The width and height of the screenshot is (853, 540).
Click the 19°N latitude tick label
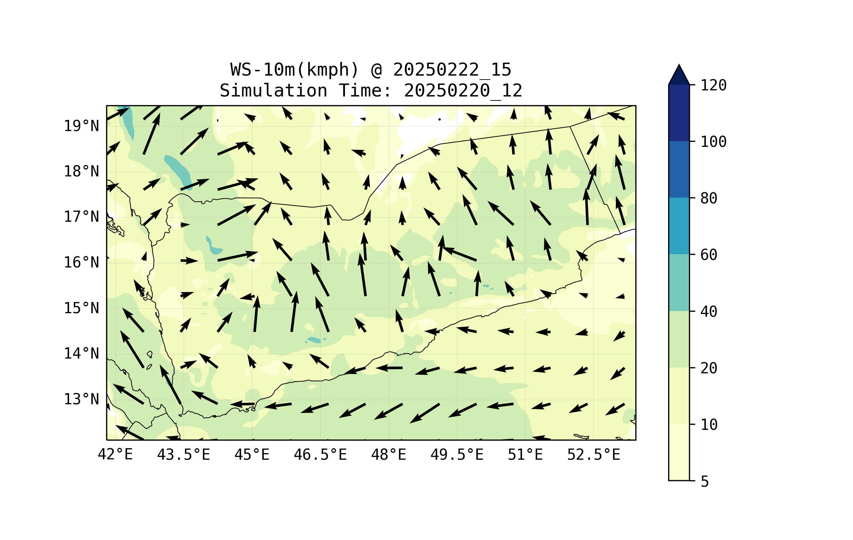pos(81,126)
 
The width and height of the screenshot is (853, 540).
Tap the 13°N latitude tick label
pos(81,400)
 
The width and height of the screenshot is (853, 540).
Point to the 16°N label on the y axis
pos(81,263)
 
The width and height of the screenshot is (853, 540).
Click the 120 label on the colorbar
pos(713,86)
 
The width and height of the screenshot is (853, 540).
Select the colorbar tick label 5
pos(705,482)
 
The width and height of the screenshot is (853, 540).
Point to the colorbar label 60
pos(709,255)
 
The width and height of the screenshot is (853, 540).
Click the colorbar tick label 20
pos(709,368)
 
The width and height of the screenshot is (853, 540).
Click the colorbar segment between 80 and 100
pos(679,169)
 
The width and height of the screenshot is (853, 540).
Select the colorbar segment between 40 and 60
pos(679,283)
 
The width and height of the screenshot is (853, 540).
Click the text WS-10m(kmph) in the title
pos(295,70)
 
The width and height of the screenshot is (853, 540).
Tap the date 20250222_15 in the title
pos(452,70)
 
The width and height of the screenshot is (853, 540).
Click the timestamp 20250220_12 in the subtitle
pos(463,91)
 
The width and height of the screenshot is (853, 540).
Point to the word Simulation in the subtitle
pos(273,91)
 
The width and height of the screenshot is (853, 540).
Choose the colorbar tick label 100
pos(713,142)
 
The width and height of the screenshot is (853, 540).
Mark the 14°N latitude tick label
pos(81,354)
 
